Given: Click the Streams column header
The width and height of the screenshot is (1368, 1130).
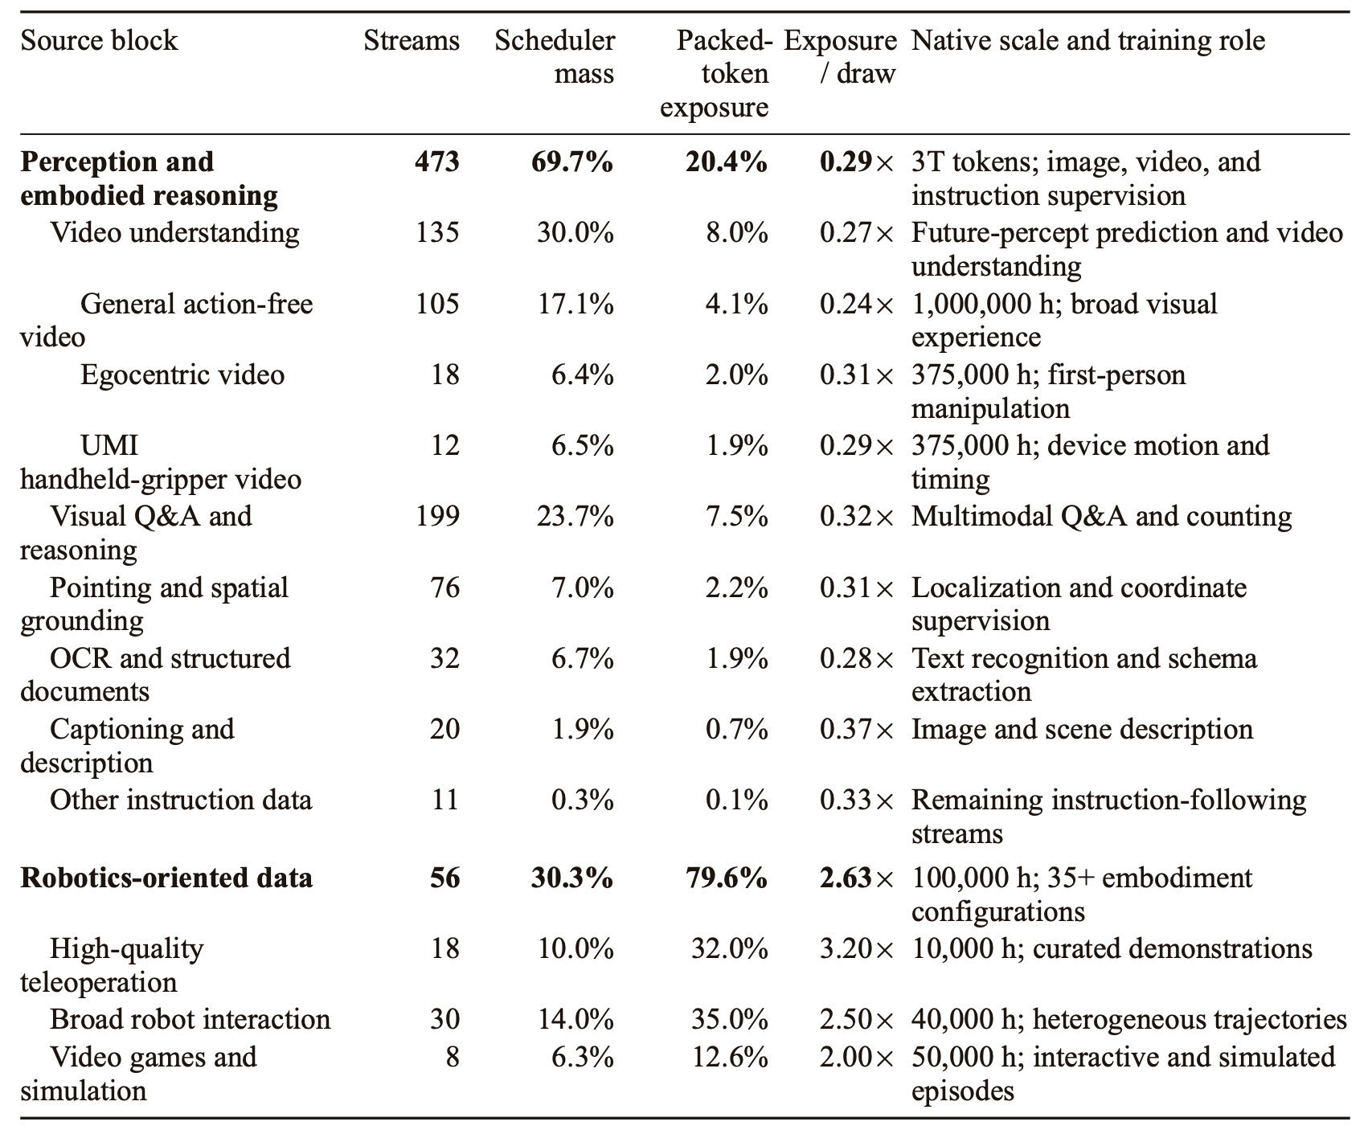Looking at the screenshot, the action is [412, 40].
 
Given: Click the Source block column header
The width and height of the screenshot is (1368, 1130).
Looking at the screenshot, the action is [99, 40].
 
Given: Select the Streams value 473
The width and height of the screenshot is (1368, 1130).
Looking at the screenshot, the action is [437, 162].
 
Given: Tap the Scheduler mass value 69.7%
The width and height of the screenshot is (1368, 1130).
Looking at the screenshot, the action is [572, 162].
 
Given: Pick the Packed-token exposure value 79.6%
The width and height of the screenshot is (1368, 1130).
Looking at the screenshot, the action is [727, 877].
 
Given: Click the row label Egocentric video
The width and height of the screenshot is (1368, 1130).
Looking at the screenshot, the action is [182, 375].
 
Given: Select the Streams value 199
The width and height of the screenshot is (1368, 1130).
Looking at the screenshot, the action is [437, 516].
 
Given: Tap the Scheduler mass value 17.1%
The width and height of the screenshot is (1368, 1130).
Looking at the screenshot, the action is [575, 304].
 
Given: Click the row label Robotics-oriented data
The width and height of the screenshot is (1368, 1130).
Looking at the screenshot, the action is [166, 877].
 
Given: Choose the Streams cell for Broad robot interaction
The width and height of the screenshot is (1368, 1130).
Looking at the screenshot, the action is [444, 1019].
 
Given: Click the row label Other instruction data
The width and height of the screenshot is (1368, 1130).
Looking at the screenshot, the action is [181, 800].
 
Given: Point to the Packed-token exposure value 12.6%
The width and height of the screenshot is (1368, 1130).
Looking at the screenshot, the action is [730, 1056].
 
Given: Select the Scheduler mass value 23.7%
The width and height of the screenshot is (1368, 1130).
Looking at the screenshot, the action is [575, 516].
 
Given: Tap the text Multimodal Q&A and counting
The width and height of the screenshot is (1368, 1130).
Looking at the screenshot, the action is [1102, 516].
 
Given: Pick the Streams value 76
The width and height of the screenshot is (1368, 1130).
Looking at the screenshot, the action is [444, 588].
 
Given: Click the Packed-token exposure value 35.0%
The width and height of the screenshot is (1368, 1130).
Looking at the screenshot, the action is [730, 1019].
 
